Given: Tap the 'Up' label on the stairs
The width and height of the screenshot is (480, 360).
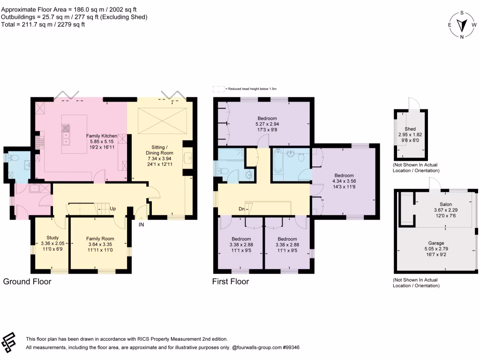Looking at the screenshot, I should tap(112, 209).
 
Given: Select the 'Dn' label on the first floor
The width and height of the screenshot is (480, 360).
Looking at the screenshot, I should tap(241, 209).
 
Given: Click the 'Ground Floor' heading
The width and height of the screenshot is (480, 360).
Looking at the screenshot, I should tap(27, 282).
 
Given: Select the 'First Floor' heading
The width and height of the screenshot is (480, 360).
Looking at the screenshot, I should tap(231, 282).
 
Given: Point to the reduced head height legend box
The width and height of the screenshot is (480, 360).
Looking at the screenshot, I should tap(218, 88).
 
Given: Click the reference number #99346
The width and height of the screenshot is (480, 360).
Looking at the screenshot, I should tap(290, 348).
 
